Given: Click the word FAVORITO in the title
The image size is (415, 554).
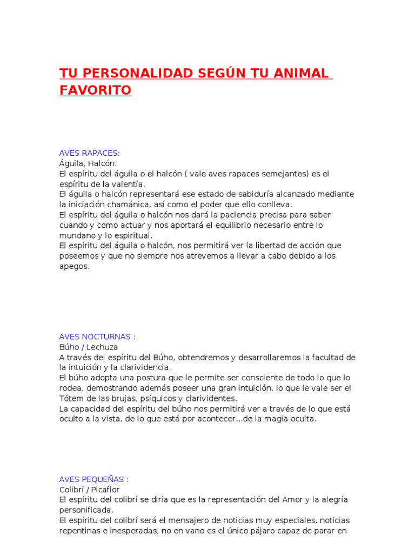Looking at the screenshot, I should [x=95, y=90].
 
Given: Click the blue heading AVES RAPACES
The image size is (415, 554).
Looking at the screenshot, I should [x=89, y=153].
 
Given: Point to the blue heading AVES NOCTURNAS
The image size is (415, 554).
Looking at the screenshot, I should [x=97, y=337].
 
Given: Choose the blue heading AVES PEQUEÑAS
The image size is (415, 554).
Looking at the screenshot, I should [x=94, y=479].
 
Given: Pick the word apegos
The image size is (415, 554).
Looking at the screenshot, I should [x=73, y=266].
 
